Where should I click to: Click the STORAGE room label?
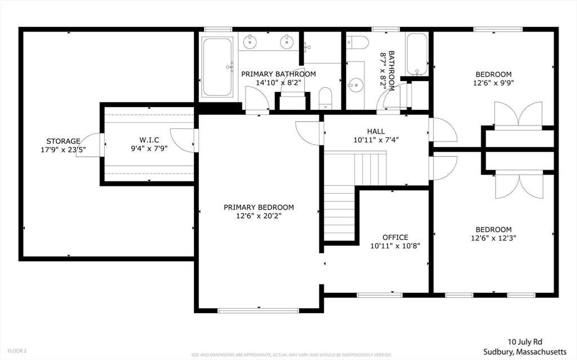(63, 141)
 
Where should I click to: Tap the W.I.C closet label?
(149, 140)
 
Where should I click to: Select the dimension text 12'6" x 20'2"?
(259, 216)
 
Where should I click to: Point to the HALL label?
(376, 131)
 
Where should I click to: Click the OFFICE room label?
(395, 237)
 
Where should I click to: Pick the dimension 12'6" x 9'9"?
(494, 83)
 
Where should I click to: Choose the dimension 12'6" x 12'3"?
(494, 238)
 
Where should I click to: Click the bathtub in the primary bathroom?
(217, 66)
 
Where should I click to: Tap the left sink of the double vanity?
(250, 42)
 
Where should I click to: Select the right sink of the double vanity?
(286, 42)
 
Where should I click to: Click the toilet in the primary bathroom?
(325, 98)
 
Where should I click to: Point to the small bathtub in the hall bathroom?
(417, 54)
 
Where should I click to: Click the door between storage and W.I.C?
(90, 145)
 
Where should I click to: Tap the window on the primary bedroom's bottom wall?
(258, 310)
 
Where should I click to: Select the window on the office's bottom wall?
(380, 295)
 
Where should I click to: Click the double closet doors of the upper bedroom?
(518, 115)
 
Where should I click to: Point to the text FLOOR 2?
(17, 351)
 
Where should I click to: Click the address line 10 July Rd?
(525, 342)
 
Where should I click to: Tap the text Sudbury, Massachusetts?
(525, 352)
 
